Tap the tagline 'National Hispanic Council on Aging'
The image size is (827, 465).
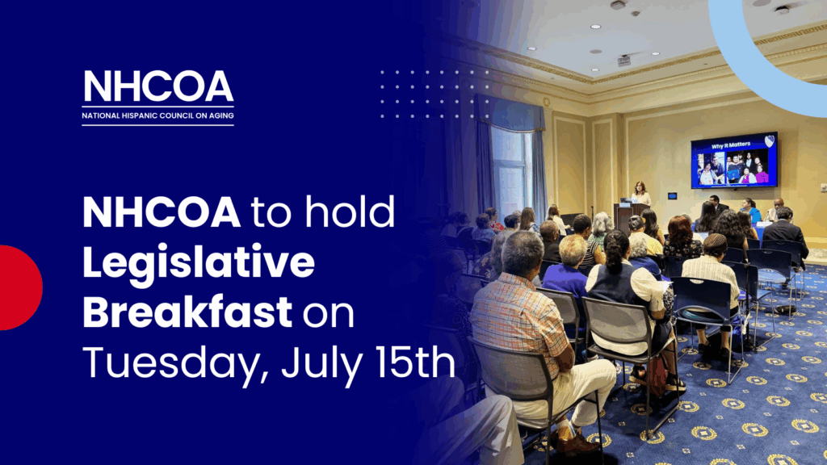pos(157,115)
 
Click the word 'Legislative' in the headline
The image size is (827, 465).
pos(199,263)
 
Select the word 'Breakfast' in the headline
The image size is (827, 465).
pos(187,312)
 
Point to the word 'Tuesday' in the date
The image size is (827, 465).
pos(171,362)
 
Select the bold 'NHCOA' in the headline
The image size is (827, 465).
pos(162,212)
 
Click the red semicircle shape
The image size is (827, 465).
pos(21,287)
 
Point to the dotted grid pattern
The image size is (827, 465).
pos(434,94)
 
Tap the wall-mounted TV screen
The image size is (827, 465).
pos(734,161)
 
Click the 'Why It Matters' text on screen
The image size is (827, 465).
pos(730,145)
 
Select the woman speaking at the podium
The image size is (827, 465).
pos(640,194)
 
